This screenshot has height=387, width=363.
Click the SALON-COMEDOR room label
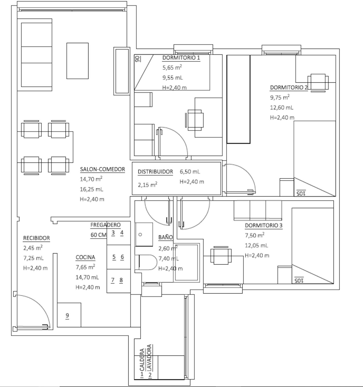pyautogui.click(x=103, y=169)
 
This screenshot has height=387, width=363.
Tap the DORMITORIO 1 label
pyautogui.click(x=181, y=58)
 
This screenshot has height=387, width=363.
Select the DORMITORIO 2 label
pyautogui.click(x=289, y=88)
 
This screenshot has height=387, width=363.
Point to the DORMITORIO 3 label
pyautogui.click(x=264, y=225)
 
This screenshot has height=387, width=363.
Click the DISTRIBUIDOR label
pyautogui.click(x=155, y=172)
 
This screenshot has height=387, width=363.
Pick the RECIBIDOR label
pyautogui.click(x=37, y=238)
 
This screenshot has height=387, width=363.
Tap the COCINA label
pyautogui.click(x=85, y=257)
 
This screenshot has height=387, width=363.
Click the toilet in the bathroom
pyautogui.click(x=146, y=262)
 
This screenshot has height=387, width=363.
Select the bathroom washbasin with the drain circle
pyautogui.click(x=144, y=234)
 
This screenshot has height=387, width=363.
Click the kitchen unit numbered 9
pyautogui.click(x=69, y=315)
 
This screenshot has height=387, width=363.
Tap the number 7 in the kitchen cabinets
pyautogui.click(x=113, y=280)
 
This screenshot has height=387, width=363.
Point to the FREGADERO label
pyautogui.click(x=105, y=225)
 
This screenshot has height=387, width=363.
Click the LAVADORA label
pyautogui.click(x=150, y=358)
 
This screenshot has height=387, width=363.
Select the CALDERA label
pyautogui.click(x=142, y=360)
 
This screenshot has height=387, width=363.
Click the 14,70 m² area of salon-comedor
pyautogui.click(x=91, y=179)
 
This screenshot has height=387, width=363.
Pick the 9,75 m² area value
pyautogui.click(x=280, y=97)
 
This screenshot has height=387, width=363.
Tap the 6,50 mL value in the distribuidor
pyautogui.click(x=190, y=172)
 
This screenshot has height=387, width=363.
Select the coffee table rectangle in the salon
pyautogui.click(x=77, y=61)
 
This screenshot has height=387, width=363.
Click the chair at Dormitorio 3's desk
pyautogui.click(x=221, y=255)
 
